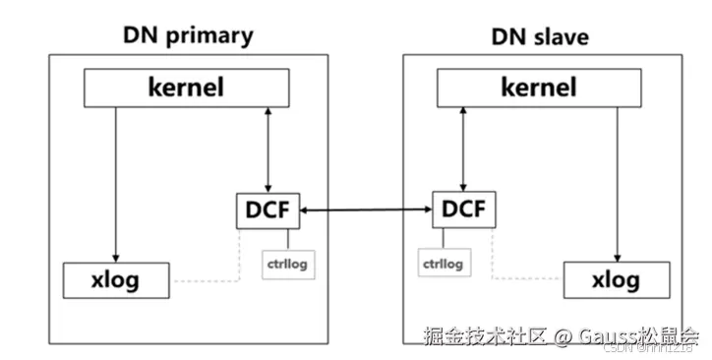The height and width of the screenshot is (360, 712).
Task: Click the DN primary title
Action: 187,36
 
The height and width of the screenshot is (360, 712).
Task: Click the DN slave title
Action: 540,36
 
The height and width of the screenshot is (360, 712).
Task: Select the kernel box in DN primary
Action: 187,88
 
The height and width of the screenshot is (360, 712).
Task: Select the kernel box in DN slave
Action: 540,88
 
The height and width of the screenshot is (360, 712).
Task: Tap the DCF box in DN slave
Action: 464,210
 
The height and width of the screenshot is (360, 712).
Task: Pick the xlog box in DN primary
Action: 116,279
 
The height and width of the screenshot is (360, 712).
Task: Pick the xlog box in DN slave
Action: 618,279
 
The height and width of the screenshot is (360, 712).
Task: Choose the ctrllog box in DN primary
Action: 288,264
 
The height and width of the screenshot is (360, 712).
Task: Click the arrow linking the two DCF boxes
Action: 366,210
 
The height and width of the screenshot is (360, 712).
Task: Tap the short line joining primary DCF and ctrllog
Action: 288,238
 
